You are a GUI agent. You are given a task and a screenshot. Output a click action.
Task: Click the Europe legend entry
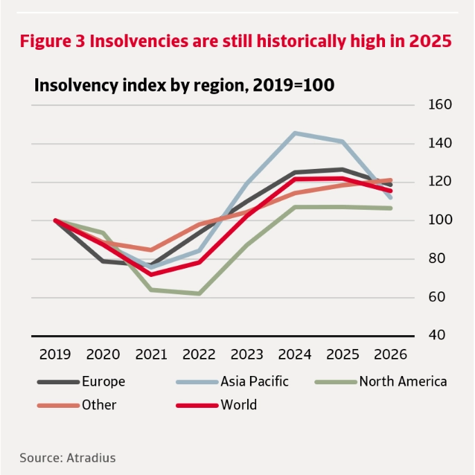coord(103,381)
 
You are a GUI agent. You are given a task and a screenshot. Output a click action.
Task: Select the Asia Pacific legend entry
coord(254,381)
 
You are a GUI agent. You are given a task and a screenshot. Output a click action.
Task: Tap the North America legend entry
coord(402,381)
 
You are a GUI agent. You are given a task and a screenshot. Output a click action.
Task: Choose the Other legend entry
coord(99,405)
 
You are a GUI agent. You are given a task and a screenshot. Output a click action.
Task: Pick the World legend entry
coord(238,405)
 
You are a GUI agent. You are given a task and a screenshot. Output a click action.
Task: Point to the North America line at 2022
coord(199,294)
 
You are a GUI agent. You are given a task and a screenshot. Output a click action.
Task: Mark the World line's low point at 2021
coord(152,274)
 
